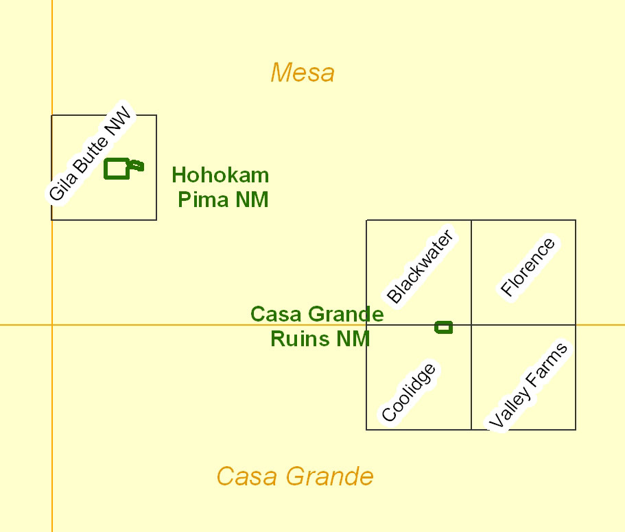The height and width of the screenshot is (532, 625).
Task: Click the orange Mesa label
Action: click(303, 72)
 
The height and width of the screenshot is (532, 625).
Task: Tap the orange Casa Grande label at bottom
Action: click(295, 475)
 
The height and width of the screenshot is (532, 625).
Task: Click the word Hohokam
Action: click(220, 175)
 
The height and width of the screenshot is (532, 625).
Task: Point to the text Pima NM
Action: click(223, 199)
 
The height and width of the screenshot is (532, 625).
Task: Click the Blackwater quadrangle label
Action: click(420, 267)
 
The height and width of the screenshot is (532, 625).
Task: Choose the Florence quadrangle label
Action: click(527, 267)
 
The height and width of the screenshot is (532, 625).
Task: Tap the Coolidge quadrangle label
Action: click(408, 392)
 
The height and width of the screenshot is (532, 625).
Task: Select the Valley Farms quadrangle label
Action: click(528, 386)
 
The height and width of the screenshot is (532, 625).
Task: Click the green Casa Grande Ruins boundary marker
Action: click(444, 327)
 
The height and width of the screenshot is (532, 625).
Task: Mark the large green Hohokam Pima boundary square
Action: click(117, 168)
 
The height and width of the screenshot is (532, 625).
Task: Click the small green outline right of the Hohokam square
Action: click(137, 165)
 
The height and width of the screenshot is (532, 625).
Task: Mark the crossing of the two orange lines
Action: click(52, 324)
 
